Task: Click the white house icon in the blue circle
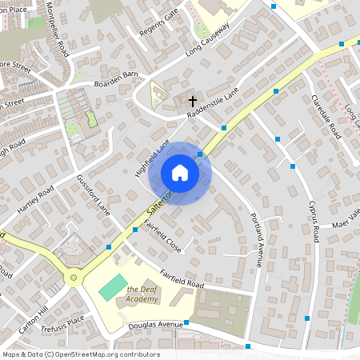click(179, 173)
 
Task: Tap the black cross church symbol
click(192, 101)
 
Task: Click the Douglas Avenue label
click(157, 326)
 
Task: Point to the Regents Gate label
click(158, 25)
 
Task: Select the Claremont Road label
click(326, 117)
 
